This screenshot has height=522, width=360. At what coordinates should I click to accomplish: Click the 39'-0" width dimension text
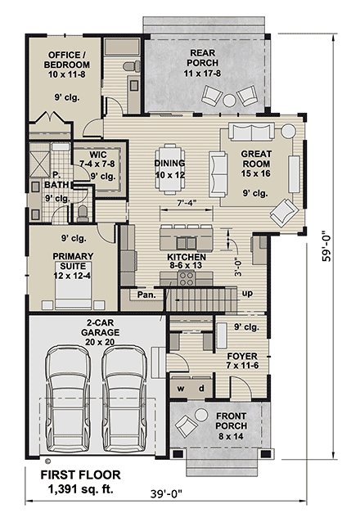pyautogui.click(x=167, y=494)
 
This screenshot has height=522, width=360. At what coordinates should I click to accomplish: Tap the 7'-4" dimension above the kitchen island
pyautogui.click(x=186, y=202)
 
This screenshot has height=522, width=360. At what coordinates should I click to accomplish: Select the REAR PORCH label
pyautogui.click(x=202, y=58)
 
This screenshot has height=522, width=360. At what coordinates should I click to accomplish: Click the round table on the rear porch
pyautogui.click(x=229, y=100)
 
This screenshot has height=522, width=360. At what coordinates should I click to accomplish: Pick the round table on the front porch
pyautogui.click(x=201, y=415)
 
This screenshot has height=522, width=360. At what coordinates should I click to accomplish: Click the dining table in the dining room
pyautogui.click(x=170, y=169)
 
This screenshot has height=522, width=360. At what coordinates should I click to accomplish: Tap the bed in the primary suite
pyautogui.click(x=73, y=285)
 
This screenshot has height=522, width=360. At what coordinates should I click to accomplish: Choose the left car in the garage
pyautogui.click(x=68, y=398)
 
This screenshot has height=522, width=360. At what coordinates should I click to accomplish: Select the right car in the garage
pyautogui.click(x=124, y=398)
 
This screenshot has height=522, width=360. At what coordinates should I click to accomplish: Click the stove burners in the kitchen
pyautogui.click(x=187, y=278)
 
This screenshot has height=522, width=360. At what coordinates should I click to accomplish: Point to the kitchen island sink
pyautogui.click(x=187, y=244)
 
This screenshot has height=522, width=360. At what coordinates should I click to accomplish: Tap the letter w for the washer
pyautogui.click(x=181, y=389)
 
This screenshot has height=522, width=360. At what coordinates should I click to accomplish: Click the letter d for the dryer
pyautogui.click(x=201, y=388)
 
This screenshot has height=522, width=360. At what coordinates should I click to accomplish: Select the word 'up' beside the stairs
pyautogui.click(x=247, y=294)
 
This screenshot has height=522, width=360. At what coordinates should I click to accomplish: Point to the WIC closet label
pyautogui.click(x=98, y=155)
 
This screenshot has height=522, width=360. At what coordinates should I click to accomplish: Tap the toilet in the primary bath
pyautogui.click(x=83, y=214)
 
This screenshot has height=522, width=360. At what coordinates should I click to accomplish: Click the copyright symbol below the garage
pyautogui.click(x=47, y=461)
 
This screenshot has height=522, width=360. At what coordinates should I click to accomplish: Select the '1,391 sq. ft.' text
pyautogui.click(x=81, y=489)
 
